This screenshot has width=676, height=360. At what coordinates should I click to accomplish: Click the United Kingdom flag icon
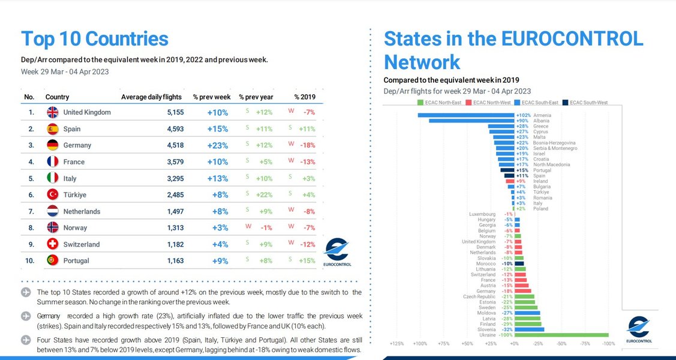point(52,112)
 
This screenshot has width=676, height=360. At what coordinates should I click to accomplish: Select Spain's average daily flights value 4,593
point(170,129)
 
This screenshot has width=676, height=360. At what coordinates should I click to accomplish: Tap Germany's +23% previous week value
point(217,145)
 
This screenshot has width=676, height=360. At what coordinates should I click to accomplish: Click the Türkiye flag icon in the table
point(52,195)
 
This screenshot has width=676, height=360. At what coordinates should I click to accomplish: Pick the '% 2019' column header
point(304,97)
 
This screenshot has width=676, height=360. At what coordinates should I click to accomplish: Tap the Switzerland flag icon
point(52,244)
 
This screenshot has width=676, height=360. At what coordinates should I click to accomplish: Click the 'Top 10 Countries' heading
point(95,39)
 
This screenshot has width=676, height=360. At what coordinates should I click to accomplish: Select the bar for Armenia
point(465,115)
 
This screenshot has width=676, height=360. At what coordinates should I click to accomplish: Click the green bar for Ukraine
point(561,335)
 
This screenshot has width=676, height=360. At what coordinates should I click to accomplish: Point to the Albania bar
point(471,121)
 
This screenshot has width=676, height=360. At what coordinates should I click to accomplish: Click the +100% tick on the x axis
point(420,344)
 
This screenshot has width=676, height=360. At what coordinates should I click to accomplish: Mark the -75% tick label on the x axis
point(585,344)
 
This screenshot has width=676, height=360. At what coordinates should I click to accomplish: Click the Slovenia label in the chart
point(487,329)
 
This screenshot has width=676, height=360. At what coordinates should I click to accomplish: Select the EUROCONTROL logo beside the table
point(337,252)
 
